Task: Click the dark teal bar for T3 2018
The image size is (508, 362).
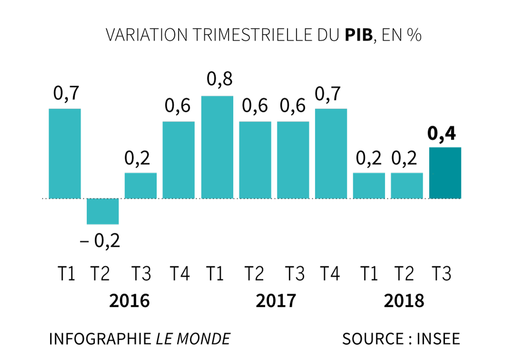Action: tap(445, 173)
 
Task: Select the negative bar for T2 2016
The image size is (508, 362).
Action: tap(103, 211)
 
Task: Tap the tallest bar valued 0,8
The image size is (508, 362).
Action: tap(217, 147)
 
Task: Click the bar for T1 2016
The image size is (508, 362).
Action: tap(65, 153)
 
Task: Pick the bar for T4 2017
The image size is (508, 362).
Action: tap(331, 153)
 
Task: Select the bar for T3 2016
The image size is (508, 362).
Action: tap(140, 186)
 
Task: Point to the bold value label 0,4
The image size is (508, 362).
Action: tap(442, 134)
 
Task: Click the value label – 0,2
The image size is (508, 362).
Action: tap(100, 241)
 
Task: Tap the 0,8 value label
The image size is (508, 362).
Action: tap(220, 79)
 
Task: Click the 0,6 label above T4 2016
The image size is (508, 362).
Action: tap(177, 106)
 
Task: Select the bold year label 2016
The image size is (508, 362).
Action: tap(129, 301)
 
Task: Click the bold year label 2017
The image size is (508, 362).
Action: tap(276, 301)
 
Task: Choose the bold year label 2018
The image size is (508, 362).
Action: tap(404, 301)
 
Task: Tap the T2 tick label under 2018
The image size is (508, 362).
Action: tap(404, 274)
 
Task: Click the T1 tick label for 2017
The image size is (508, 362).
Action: tap(215, 274)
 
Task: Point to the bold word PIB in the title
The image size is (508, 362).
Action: tap(358, 35)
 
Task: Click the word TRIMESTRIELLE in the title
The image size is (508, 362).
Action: tap(252, 35)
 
